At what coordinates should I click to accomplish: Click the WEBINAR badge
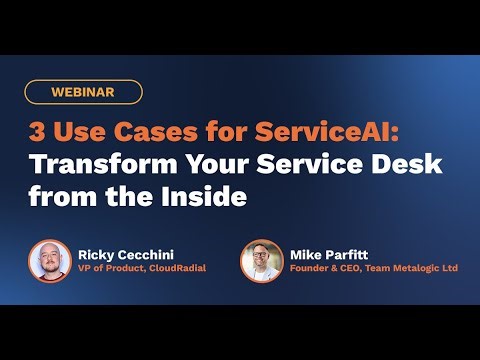(x=85, y=92)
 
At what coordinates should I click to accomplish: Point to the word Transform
(x=83, y=165)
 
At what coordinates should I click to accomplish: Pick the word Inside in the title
(x=207, y=196)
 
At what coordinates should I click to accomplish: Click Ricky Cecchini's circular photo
(x=50, y=261)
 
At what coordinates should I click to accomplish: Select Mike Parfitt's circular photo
(x=262, y=261)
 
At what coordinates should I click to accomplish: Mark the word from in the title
(x=58, y=196)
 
